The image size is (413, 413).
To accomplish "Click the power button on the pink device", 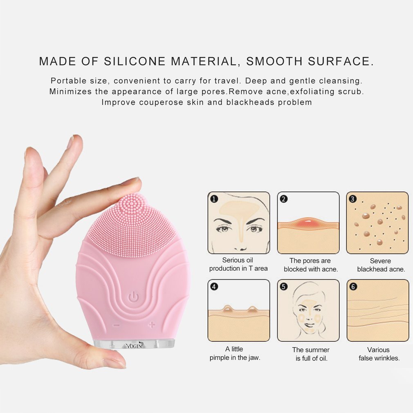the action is point(133,296).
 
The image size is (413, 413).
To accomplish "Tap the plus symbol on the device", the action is point(151,325).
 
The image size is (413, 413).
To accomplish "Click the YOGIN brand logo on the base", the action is point(134,346).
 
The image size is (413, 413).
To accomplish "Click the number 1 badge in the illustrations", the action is point(214,199).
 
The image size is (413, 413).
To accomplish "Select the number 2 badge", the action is point(284,199).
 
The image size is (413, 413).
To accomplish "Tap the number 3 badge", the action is point(352,199).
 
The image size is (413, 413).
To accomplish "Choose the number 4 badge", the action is point(214,286).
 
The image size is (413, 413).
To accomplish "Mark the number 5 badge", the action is point(284,286).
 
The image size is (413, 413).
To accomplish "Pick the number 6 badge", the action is point(353,286).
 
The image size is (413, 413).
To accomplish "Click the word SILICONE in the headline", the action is point(135,61).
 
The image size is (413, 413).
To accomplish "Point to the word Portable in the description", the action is point(69,81).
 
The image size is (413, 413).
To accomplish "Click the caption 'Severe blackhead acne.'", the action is point(381,265).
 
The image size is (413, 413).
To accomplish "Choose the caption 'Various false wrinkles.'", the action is point(379,354).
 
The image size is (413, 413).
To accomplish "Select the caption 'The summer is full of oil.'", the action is point(311,354).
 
